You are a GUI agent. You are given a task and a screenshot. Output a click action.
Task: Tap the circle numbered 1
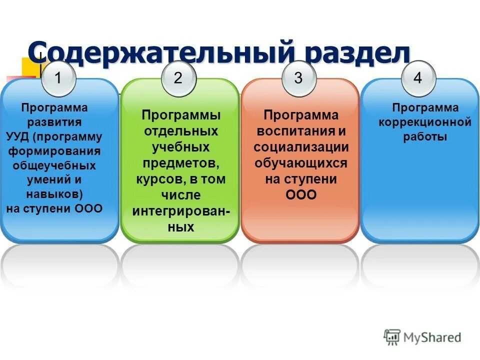tap(58, 78)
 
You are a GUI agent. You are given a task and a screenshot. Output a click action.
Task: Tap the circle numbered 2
tap(178, 78)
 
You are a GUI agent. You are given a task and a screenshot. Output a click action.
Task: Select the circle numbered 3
tap(298, 78)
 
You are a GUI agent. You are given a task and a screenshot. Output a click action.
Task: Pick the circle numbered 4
tap(418, 78)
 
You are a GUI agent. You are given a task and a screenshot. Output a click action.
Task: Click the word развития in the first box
tap(54, 122)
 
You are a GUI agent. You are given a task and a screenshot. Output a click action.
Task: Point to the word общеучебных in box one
tap(54, 165)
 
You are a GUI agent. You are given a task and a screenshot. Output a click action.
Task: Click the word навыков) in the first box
tap(54, 194)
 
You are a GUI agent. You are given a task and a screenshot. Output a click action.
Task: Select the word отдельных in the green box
tap(181, 131)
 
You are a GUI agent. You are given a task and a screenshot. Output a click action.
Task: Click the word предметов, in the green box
tap(181, 163)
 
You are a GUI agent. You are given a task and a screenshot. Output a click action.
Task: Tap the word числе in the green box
tap(181, 194)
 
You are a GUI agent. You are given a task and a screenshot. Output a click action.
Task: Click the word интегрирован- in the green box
tap(181, 211)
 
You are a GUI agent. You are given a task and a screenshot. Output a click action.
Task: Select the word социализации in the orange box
tap(301, 147)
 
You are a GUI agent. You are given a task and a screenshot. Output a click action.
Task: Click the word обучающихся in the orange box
tap(301, 163)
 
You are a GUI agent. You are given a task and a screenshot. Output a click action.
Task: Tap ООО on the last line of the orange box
tap(301, 195)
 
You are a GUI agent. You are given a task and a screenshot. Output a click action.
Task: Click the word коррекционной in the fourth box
tap(425, 122)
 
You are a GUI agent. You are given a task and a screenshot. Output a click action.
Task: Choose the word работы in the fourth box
tap(425, 137)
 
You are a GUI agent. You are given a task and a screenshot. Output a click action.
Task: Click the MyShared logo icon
tap(392, 337)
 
